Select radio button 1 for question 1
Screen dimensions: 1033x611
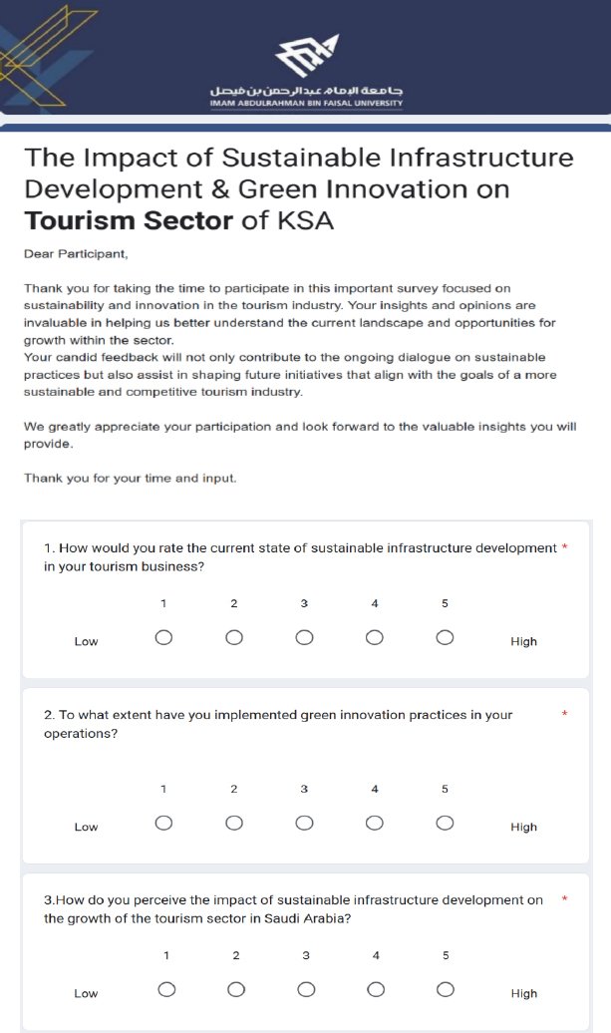click(163, 638)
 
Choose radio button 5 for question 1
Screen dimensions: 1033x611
click(445, 638)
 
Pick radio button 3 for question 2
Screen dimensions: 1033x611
click(304, 823)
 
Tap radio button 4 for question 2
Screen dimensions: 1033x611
click(375, 823)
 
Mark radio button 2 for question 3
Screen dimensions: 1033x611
click(236, 989)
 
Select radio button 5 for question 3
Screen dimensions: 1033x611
click(446, 989)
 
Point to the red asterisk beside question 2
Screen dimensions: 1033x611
click(564, 714)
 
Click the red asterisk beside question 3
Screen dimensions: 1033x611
click(564, 899)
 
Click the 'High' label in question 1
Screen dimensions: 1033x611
click(523, 642)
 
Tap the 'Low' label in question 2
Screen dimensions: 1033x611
click(86, 827)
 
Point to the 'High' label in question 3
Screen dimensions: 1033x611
click(523, 993)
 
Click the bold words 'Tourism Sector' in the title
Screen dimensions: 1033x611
click(129, 220)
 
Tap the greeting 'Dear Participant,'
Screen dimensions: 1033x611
click(76, 254)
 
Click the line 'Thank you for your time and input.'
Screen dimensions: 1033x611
click(131, 479)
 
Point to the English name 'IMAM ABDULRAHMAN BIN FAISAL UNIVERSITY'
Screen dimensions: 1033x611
click(306, 103)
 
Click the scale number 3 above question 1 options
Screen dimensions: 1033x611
click(304, 603)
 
